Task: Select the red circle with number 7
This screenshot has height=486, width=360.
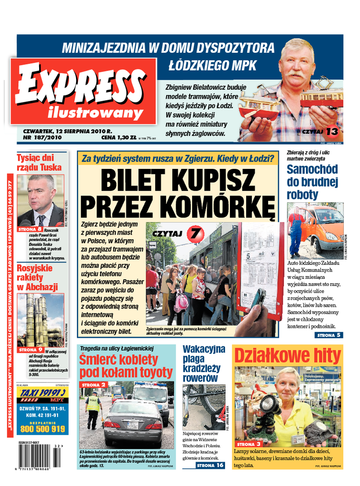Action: [194, 233]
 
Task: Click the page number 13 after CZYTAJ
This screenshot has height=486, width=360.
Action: [332, 131]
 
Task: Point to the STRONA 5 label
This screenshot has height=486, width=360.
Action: [329, 335]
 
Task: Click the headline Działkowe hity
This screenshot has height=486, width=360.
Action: [288, 356]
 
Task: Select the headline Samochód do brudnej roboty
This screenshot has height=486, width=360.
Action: [312, 182]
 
